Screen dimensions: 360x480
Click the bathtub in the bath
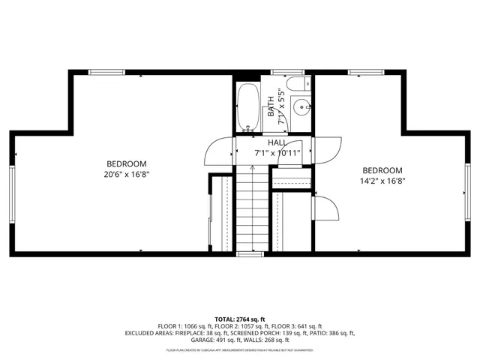pyautogui.click(x=247, y=108)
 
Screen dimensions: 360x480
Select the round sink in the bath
pyautogui.click(x=301, y=107)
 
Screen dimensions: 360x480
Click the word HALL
pyautogui.click(x=277, y=142)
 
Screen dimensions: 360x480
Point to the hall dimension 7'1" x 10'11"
pyautogui.click(x=277, y=153)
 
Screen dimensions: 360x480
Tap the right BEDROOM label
pyautogui.click(x=382, y=170)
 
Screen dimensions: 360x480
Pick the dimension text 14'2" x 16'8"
pyautogui.click(x=382, y=181)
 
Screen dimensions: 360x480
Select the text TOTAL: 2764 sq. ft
pyautogui.click(x=240, y=319)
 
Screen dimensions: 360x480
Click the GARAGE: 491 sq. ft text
pyautogui.click(x=197, y=340)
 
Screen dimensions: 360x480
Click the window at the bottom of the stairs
pyautogui.click(x=250, y=254)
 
